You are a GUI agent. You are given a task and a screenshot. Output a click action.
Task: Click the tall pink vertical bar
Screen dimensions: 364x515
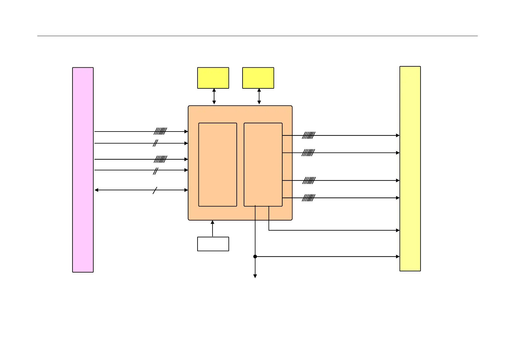83,170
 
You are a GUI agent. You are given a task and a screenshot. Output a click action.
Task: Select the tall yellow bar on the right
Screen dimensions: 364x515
410,169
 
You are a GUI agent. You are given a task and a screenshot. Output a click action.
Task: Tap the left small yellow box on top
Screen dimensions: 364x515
213,78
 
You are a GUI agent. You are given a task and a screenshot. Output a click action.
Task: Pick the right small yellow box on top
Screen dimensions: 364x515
258,78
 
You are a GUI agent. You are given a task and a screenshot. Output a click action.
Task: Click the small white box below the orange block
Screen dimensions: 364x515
213,244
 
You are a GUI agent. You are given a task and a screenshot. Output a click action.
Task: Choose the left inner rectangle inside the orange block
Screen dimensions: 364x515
218,165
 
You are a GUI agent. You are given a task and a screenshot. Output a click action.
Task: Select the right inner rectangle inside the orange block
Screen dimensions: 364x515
263,165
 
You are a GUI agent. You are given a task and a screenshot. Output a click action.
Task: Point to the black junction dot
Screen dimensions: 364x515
255,257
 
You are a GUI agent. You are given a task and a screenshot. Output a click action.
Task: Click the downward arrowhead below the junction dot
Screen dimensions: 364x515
255,276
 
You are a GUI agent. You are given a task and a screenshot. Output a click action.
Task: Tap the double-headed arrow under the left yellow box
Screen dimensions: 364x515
214,96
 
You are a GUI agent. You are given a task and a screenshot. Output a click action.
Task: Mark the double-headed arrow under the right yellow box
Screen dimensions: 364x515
259,96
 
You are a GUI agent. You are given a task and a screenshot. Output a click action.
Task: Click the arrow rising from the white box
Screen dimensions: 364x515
213,228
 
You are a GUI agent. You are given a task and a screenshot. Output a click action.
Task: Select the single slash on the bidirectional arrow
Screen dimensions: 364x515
155,190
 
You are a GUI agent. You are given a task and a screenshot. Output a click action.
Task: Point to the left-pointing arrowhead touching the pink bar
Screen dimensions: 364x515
96,190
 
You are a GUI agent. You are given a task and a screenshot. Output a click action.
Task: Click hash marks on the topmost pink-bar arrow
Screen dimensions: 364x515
161,132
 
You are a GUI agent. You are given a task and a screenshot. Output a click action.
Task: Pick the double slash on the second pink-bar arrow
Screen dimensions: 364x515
155,143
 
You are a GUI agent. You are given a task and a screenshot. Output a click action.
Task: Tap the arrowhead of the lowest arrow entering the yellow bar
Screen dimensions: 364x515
398,257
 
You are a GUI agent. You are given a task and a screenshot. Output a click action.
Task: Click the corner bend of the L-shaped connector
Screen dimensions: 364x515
269,230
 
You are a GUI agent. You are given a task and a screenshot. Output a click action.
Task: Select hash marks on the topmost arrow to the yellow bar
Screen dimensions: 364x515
309,136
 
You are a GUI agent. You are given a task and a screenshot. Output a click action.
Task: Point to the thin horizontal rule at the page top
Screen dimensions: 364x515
257,36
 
